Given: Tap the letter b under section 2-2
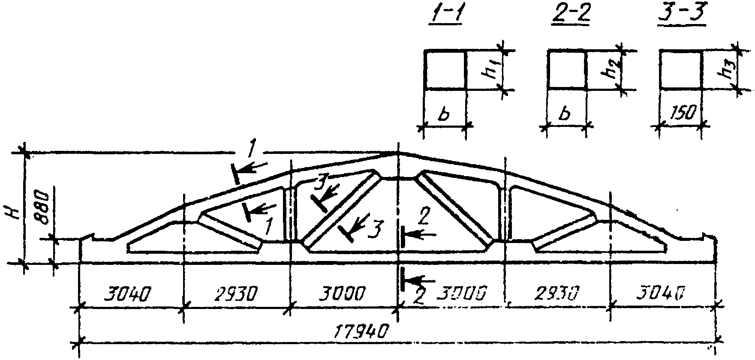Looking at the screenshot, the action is coord(566,114).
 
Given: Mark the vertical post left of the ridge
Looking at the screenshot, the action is coord(290,214).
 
